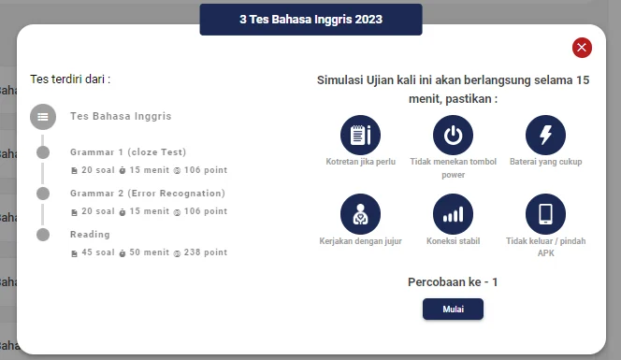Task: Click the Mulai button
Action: coord(453,310)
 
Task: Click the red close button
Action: coord(582,48)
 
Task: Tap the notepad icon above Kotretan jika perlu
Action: coord(361,135)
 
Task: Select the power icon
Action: coord(453,135)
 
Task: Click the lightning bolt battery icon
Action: coord(545,135)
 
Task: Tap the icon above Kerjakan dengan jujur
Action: coord(361,214)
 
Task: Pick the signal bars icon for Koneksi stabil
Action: coord(453,214)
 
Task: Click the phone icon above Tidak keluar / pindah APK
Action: coord(545,214)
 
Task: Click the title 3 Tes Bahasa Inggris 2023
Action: coord(310,19)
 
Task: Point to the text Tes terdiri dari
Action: coord(70,79)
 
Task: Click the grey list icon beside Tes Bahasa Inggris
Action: coord(43,117)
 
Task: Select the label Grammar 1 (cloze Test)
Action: coord(128,151)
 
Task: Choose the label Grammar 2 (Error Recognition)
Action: coord(147,193)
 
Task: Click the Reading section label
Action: coord(90,234)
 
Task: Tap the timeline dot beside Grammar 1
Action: coord(43,152)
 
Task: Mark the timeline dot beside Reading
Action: coord(43,235)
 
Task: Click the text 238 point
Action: coord(204,252)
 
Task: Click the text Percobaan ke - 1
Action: coord(453,282)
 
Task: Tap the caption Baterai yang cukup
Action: coord(545,162)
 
